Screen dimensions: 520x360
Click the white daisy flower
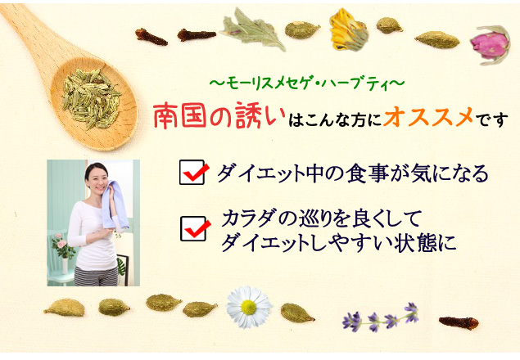pyautogui.click(x=249, y=307)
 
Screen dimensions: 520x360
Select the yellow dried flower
pyautogui.click(x=348, y=29)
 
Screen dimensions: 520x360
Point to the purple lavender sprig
pyautogui.click(x=381, y=317)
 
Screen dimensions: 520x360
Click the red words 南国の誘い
pyautogui.click(x=219, y=115)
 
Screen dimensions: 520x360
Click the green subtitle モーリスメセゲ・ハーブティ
pyautogui.click(x=307, y=83)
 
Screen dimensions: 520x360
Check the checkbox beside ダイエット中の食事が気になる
pyautogui.click(x=192, y=172)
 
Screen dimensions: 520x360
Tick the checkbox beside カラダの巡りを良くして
pyautogui.click(x=193, y=228)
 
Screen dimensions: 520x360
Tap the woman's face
pyautogui.click(x=97, y=179)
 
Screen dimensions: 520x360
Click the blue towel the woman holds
pyautogui.click(x=114, y=205)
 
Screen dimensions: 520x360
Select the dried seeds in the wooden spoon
pyautogui.click(x=91, y=98)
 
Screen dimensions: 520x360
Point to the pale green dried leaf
pyautogui.click(x=253, y=29)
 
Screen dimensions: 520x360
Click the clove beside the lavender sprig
pyautogui.click(x=459, y=322)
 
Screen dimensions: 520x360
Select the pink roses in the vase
pyautogui.click(x=61, y=243)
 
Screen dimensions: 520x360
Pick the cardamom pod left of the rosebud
pyautogui.click(x=437, y=40)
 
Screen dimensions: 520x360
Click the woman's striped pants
pyautogui.click(x=96, y=276)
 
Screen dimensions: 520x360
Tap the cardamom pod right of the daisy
pyautogui.click(x=296, y=313)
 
